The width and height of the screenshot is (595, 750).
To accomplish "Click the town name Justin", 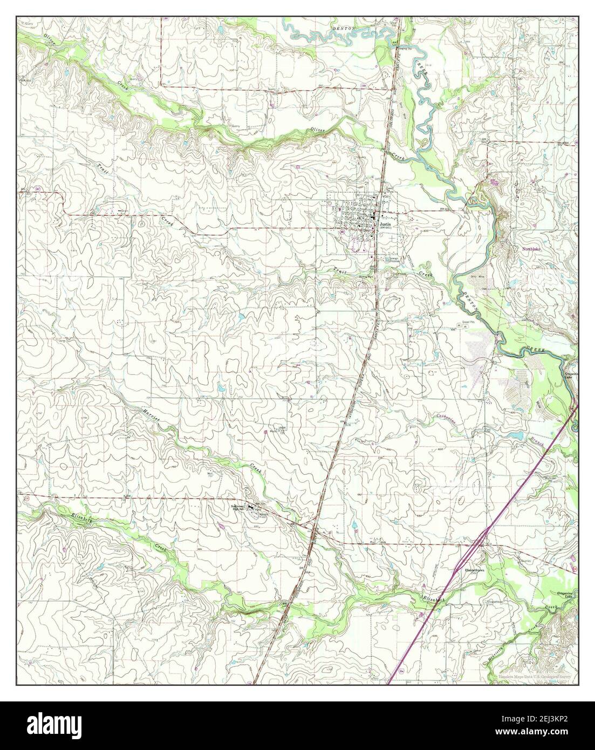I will click(x=384, y=223).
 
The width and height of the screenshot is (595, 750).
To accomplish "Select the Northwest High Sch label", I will click(x=238, y=508).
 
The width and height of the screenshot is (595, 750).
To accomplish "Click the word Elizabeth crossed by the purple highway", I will click(x=433, y=598).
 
